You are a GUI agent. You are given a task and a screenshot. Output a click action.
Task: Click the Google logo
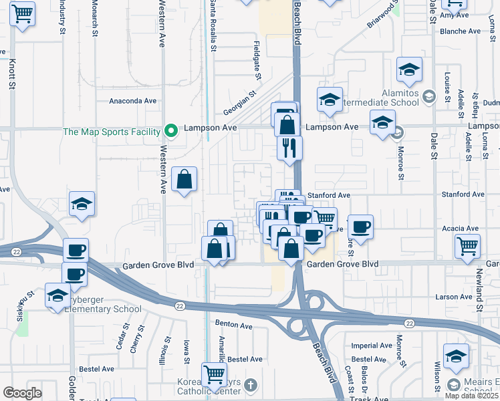pos(23,393)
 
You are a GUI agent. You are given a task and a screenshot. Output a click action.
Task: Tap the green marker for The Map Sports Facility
pos(170,131)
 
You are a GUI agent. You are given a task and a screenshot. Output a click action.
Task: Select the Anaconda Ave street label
pos(132,102)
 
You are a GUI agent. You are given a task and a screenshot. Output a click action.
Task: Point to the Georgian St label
pos(240,105)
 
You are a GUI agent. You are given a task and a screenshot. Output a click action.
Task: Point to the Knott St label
pos(12,74)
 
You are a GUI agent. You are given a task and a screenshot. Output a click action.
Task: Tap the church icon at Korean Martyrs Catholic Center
pos(250,385)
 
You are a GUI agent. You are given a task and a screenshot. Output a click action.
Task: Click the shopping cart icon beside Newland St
pos(467,245)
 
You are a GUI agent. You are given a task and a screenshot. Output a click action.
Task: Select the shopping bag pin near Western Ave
pos(184,179)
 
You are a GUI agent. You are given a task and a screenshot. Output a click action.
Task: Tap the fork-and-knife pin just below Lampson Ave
pos(289,148)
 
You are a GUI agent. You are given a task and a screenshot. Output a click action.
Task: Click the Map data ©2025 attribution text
pos(472,396)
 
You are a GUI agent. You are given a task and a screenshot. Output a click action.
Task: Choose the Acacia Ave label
pos(459,229)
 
